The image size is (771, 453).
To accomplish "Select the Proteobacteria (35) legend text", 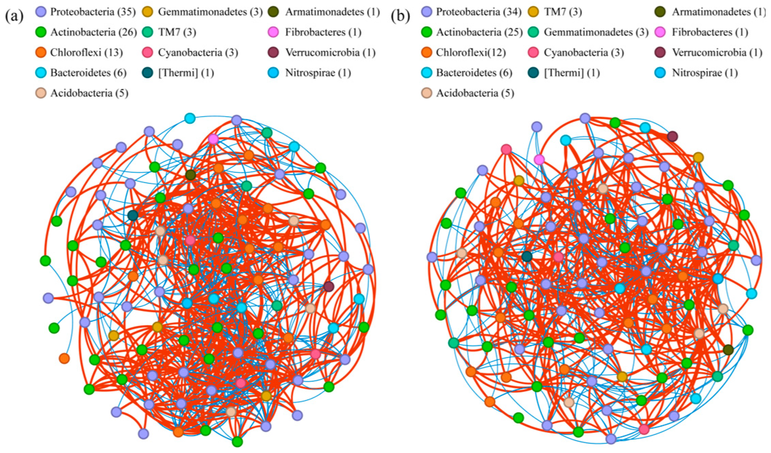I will point(93,12).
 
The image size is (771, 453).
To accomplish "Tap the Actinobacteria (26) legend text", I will point(94,32).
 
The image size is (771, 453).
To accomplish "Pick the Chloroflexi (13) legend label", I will point(87,53).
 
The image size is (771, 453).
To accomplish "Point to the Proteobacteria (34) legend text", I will point(479,12).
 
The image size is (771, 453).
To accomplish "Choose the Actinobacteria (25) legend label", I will point(479,32).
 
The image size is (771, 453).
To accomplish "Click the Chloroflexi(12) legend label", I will point(471,53).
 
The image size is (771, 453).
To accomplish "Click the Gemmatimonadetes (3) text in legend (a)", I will point(210,12).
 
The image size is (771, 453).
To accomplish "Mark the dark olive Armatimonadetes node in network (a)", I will point(190,175).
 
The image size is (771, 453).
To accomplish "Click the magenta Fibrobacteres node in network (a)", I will point(213,139).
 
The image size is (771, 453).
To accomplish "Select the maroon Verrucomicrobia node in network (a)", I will point(329,286).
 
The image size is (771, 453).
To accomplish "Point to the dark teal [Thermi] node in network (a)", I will point(133,215).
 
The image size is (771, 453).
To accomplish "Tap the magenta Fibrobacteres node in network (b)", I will point(539,159).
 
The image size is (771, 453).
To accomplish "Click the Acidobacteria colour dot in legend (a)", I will point(41,93).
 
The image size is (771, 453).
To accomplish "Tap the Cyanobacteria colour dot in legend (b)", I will point(534,53).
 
